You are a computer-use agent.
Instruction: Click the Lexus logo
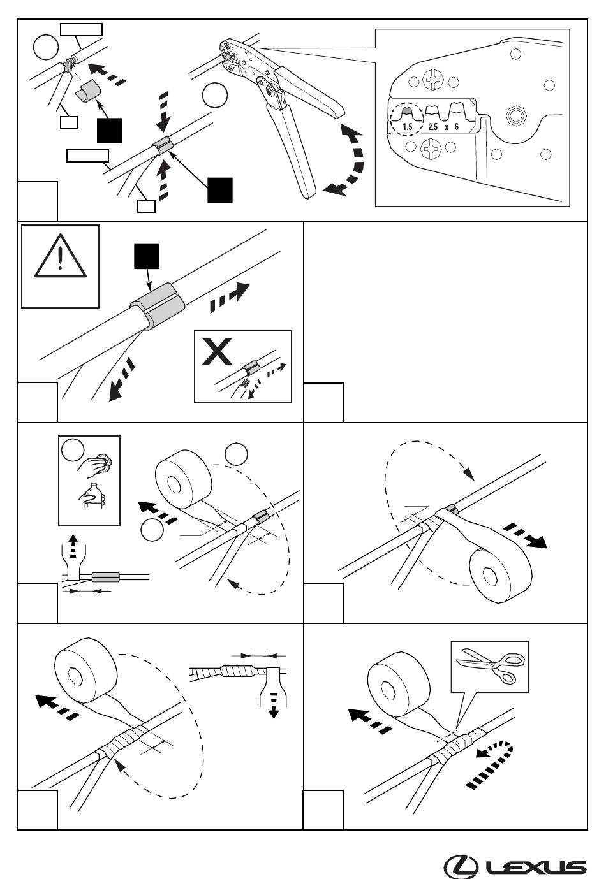(515, 866)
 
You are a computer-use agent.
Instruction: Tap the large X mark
(216, 352)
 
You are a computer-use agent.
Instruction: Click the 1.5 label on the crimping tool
(407, 127)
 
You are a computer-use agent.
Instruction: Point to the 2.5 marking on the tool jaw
(432, 127)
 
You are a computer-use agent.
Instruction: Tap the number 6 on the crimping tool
(456, 127)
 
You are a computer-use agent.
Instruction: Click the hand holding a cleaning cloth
(94, 465)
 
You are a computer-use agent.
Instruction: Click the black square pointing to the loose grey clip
(109, 130)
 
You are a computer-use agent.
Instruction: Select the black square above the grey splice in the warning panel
(147, 256)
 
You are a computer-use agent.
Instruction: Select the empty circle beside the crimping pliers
(215, 95)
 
